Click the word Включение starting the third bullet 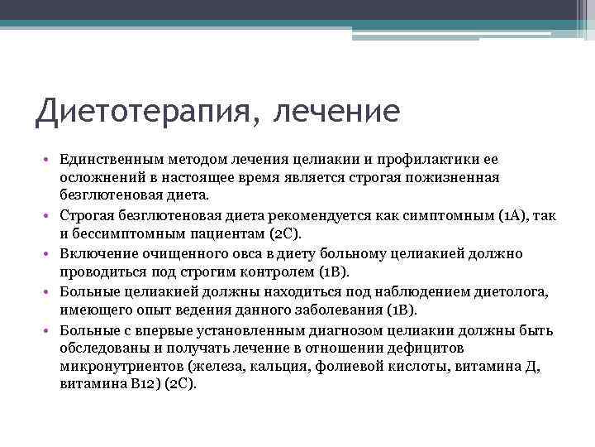[x=93, y=253]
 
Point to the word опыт [x=155, y=310]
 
